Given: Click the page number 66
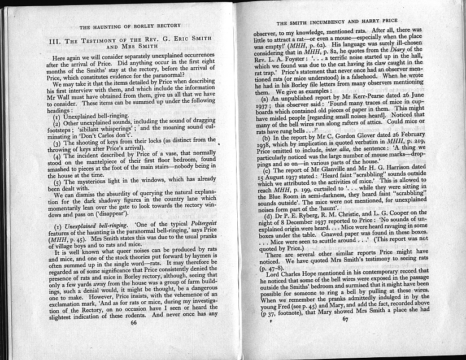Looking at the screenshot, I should (134, 338).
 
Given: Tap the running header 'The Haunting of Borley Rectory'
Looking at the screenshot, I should (130, 26).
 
